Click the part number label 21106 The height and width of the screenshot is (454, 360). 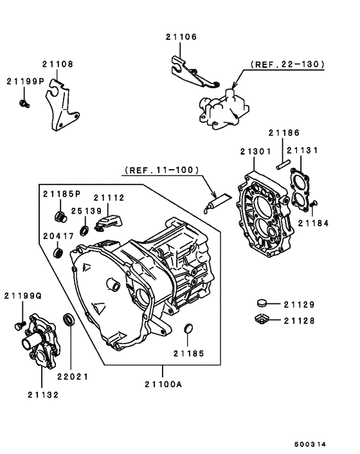pyautogui.click(x=181, y=37)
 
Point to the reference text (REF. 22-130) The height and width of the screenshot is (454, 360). pyautogui.click(x=286, y=65)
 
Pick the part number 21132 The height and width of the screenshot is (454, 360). pyautogui.click(x=43, y=394)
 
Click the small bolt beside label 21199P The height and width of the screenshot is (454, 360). pyautogui.click(x=25, y=102)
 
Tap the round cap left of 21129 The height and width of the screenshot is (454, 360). pyautogui.click(x=262, y=302)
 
